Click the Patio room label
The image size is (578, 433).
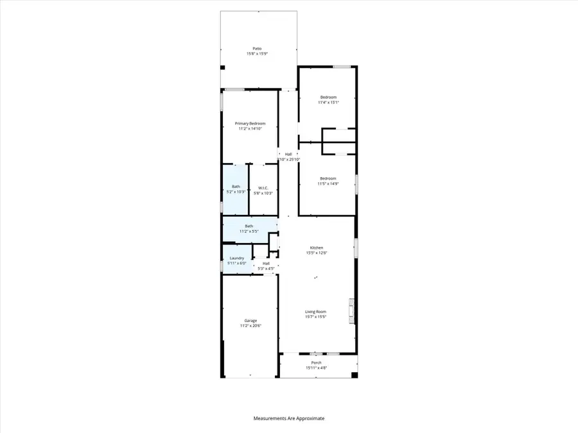257,48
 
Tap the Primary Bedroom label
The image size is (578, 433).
250,123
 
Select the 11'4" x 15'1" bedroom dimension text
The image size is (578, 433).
329,103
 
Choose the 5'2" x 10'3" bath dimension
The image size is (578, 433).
236,192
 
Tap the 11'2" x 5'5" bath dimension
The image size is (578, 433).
249,232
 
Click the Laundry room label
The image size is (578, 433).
237,258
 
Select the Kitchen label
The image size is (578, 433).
316,248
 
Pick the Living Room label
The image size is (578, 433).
316,312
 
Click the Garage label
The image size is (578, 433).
250,320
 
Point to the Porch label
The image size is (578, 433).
316,362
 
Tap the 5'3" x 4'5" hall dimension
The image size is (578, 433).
266,269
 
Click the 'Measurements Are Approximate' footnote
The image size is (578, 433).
289,418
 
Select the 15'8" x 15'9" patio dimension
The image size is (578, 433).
257,54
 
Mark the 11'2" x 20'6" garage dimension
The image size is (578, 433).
250,326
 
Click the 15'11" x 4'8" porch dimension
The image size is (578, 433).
316,368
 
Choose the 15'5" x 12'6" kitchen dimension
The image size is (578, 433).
316,253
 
